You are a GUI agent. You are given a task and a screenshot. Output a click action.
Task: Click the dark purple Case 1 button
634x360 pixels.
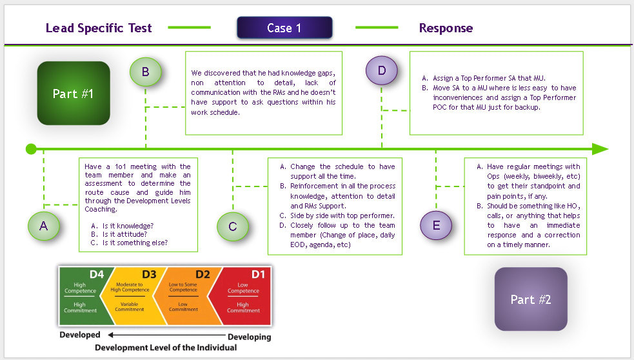[284, 28]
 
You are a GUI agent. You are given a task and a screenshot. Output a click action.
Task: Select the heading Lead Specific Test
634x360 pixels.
[99, 28]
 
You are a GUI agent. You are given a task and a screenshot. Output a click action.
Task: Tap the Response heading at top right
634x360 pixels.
[446, 28]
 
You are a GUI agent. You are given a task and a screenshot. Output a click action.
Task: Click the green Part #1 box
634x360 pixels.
[74, 93]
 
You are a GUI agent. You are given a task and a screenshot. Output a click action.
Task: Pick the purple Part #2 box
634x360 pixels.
[531, 299]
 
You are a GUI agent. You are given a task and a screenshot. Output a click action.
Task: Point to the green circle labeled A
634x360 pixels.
[44, 225]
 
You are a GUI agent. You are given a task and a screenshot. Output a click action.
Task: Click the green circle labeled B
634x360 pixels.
[146, 72]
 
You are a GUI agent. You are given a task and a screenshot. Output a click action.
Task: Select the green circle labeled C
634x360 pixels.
[233, 225]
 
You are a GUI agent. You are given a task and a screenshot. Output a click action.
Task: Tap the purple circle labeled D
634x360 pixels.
[382, 71]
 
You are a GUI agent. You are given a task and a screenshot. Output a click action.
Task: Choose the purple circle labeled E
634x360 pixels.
[437, 225]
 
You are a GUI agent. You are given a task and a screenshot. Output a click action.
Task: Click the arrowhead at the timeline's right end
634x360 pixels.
[600, 149]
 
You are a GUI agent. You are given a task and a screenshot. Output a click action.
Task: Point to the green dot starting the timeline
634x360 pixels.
[31, 149]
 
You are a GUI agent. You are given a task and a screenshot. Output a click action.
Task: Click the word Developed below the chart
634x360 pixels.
[80, 335]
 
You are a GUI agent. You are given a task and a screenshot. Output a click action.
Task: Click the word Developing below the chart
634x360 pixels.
[249, 337]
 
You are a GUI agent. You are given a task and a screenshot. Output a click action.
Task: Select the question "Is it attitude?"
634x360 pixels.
[127, 234]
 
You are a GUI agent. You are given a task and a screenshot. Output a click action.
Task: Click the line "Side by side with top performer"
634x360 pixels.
[342, 215]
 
